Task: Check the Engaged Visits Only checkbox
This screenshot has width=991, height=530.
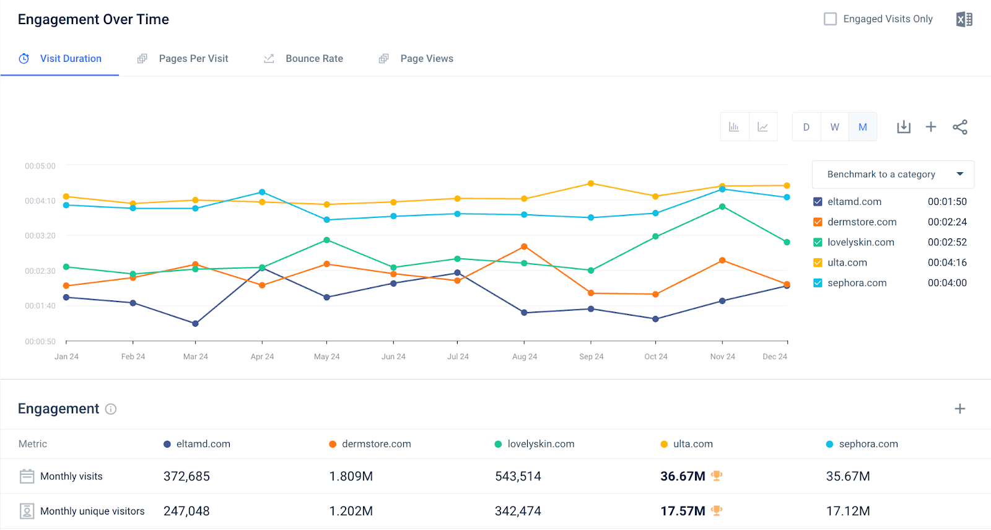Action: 830,19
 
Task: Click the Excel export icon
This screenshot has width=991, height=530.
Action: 964,20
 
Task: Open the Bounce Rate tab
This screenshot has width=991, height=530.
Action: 314,59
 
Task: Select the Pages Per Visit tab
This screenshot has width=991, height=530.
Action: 193,59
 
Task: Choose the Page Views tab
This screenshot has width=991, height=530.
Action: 426,59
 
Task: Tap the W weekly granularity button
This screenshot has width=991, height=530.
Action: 834,127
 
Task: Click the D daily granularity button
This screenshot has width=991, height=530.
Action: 806,127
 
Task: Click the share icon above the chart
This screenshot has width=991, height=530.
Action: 959,127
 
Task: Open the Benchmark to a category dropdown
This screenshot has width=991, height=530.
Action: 893,175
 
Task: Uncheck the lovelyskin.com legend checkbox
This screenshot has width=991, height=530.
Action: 818,243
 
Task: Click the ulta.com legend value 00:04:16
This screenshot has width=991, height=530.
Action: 946,263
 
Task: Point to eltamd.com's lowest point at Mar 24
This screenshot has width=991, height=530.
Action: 195,323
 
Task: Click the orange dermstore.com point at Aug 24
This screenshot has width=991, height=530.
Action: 524,246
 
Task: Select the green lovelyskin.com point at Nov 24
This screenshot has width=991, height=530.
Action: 722,207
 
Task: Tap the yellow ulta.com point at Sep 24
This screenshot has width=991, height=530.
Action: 591,183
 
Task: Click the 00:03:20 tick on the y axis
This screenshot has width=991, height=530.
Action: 40,236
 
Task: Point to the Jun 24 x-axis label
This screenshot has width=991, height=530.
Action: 393,357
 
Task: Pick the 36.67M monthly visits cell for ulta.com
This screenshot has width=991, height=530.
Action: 683,476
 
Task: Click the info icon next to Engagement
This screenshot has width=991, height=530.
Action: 111,409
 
